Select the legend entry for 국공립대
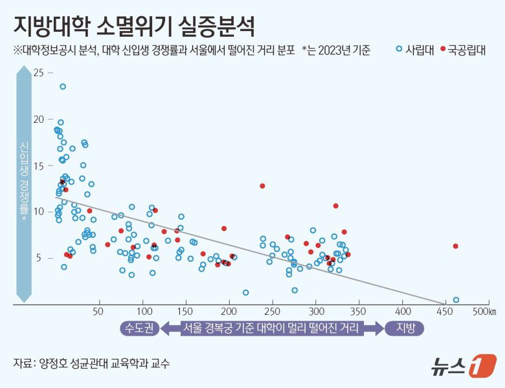(462, 50)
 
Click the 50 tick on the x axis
(98, 312)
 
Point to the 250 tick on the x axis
(272, 312)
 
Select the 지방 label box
(405, 328)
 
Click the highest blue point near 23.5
(63, 86)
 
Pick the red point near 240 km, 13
(262, 186)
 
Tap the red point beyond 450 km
(456, 246)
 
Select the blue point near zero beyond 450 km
(456, 299)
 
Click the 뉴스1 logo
(463, 365)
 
